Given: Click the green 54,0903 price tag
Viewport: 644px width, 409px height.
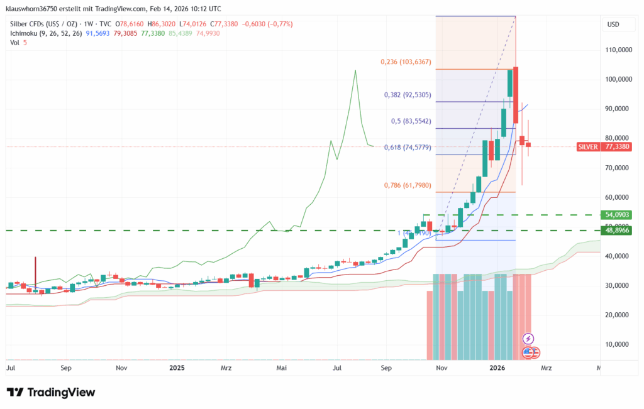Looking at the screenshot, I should [x=618, y=215].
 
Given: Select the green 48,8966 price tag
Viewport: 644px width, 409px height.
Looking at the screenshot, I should [x=618, y=231].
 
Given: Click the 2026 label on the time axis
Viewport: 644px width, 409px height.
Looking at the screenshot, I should [x=497, y=368].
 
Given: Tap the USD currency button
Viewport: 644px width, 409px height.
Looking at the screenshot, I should [x=613, y=24].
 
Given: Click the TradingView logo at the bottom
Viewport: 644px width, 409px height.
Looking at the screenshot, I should [x=51, y=393].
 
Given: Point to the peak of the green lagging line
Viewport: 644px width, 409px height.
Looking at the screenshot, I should [x=355, y=70].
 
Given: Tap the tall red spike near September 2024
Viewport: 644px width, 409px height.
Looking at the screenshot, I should [x=35, y=270].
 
